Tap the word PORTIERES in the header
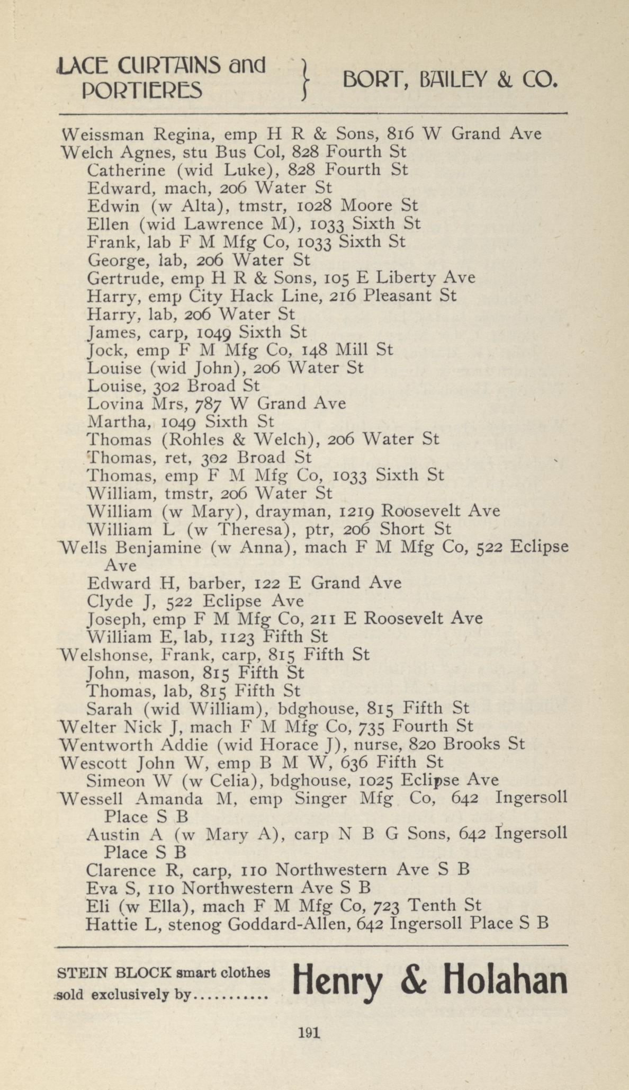[x=142, y=91]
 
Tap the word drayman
[x=293, y=512]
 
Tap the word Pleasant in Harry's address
[x=401, y=296]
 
